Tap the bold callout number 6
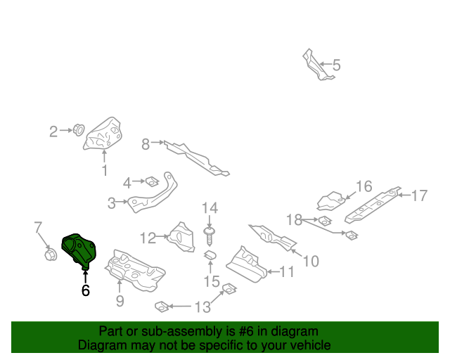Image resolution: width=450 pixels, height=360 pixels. click(86, 289)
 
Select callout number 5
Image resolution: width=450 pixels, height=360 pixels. click(336, 65)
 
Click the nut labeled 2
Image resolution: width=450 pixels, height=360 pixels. click(79, 129)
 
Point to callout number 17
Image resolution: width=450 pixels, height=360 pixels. click(419, 195)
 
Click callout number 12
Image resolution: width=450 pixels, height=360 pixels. click(147, 238)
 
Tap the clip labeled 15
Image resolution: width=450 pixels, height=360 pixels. click(210, 255)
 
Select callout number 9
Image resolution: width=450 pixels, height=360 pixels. click(120, 301)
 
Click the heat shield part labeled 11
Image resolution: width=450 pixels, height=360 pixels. click(246, 263)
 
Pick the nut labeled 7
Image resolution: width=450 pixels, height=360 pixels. click(50, 254)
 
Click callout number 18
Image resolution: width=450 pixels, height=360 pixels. click(293, 220)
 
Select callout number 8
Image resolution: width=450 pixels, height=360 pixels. click(146, 144)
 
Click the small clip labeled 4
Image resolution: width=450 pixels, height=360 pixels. click(150, 182)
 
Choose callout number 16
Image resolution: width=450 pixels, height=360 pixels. click(363, 186)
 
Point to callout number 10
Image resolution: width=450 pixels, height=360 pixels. click(310, 261)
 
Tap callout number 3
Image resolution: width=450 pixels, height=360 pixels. click(112, 204)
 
